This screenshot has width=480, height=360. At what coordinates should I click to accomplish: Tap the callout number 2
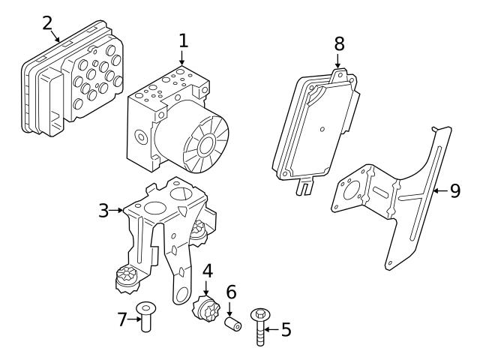(x=46, y=22)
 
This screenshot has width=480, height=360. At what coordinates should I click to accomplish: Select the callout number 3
(x=104, y=210)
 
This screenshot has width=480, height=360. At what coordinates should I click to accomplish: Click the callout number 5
(x=286, y=329)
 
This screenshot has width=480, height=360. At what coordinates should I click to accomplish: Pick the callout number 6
(x=231, y=292)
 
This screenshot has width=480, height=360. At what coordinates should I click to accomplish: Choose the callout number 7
(x=122, y=320)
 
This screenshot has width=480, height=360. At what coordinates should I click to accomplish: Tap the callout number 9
(x=454, y=190)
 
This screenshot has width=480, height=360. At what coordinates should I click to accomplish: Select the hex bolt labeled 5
(x=261, y=325)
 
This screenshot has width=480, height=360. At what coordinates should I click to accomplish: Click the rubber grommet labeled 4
(x=205, y=310)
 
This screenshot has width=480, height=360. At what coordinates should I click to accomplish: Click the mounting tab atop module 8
(x=340, y=75)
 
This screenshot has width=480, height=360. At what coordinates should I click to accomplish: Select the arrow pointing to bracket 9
(x=439, y=190)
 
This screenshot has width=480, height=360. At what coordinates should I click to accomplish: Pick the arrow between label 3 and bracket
(x=118, y=210)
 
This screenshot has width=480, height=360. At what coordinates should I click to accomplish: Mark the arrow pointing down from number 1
(x=181, y=72)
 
